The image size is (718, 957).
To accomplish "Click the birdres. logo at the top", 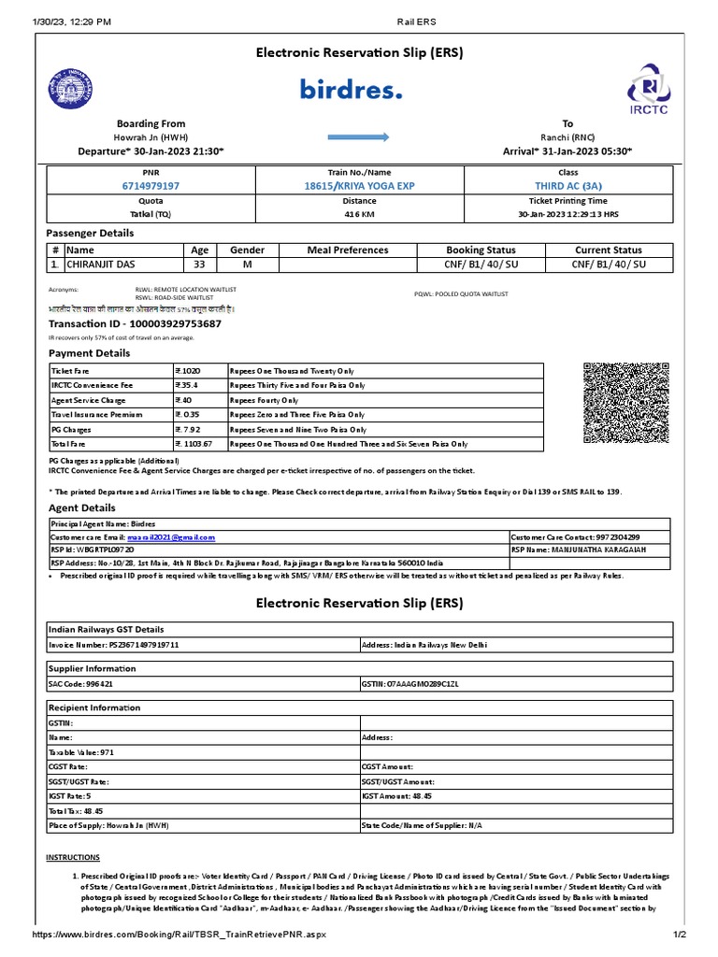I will click(352, 90).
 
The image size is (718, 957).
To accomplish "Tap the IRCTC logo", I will click(648, 93).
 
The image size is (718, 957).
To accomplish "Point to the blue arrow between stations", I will click(359, 137).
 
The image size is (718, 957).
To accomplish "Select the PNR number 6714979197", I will click(151, 186).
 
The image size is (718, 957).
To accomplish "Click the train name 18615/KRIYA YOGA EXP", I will click(359, 186).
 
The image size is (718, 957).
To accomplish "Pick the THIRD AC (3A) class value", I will click(567, 186).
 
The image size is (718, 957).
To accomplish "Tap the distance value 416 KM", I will click(359, 214).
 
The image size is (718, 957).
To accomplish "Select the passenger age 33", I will click(199, 264).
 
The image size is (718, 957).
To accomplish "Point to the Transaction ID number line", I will click(135, 323).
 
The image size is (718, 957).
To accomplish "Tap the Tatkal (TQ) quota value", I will click(151, 214).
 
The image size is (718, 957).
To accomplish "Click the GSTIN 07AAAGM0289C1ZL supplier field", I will click(409, 684).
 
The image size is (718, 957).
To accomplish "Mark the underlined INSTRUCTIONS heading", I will click(73, 857).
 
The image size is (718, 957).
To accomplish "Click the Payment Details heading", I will click(90, 353).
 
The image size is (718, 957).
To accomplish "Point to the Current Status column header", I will click(608, 250).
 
